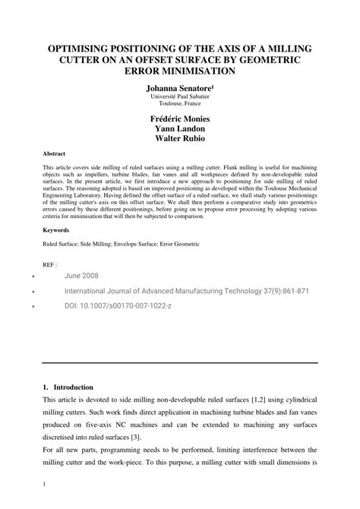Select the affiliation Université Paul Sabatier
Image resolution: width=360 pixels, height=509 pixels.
click(x=179, y=99)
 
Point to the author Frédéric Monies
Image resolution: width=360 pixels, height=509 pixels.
click(x=179, y=120)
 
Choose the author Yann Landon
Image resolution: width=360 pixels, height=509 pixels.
click(x=179, y=130)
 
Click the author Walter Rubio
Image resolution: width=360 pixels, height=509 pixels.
click(x=179, y=140)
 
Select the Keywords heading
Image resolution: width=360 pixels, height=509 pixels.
click(x=55, y=229)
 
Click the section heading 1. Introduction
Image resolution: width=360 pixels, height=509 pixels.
click(x=73, y=387)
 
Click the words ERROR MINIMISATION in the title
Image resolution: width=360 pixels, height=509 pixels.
click(x=179, y=71)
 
